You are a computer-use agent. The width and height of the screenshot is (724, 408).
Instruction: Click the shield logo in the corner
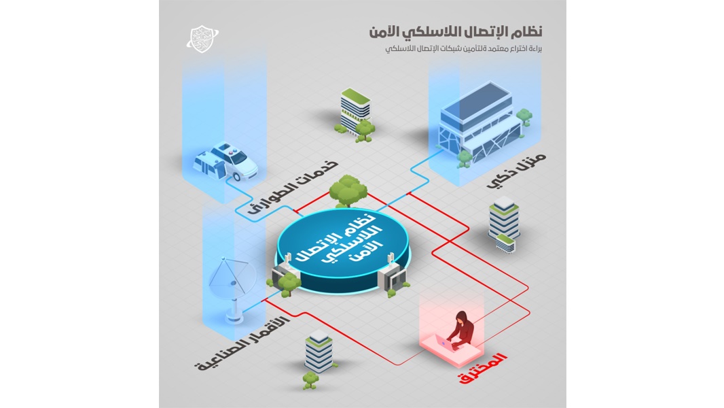click(202, 39)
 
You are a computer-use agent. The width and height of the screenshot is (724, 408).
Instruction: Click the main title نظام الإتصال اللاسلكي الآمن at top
click(456, 32)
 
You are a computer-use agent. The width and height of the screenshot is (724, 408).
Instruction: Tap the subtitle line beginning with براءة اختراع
click(464, 48)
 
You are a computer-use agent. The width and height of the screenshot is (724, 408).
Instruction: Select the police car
click(225, 161)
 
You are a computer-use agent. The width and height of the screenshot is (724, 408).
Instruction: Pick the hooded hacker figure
click(460, 328)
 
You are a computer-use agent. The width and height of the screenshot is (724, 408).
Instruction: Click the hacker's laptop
click(446, 343)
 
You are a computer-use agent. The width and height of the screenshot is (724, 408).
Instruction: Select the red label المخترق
click(482, 368)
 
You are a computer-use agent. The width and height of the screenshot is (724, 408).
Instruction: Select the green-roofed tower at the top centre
click(355, 112)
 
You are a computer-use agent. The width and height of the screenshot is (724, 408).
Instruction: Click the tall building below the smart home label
click(504, 224)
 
